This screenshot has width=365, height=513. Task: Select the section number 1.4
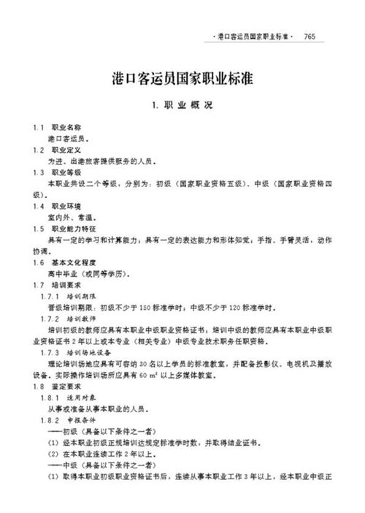39,205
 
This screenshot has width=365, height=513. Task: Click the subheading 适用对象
83,397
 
